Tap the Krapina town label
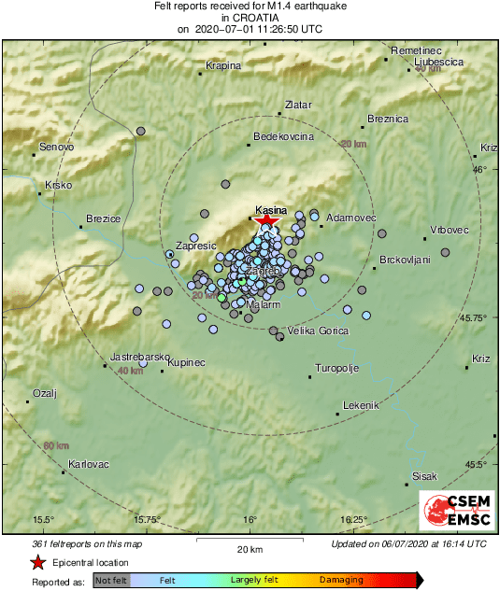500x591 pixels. [x=223, y=66]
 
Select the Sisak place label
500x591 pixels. [x=424, y=477]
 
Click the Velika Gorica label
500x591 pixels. [x=318, y=331]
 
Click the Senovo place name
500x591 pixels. [x=56, y=148]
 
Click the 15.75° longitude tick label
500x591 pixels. [x=148, y=519]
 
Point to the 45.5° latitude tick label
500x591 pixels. [x=478, y=464]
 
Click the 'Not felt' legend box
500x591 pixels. [x=111, y=580]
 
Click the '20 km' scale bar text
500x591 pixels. [x=250, y=549]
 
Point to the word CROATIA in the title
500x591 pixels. [x=250, y=17]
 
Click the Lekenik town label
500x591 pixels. [x=361, y=405]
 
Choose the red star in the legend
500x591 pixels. [x=37, y=563]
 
